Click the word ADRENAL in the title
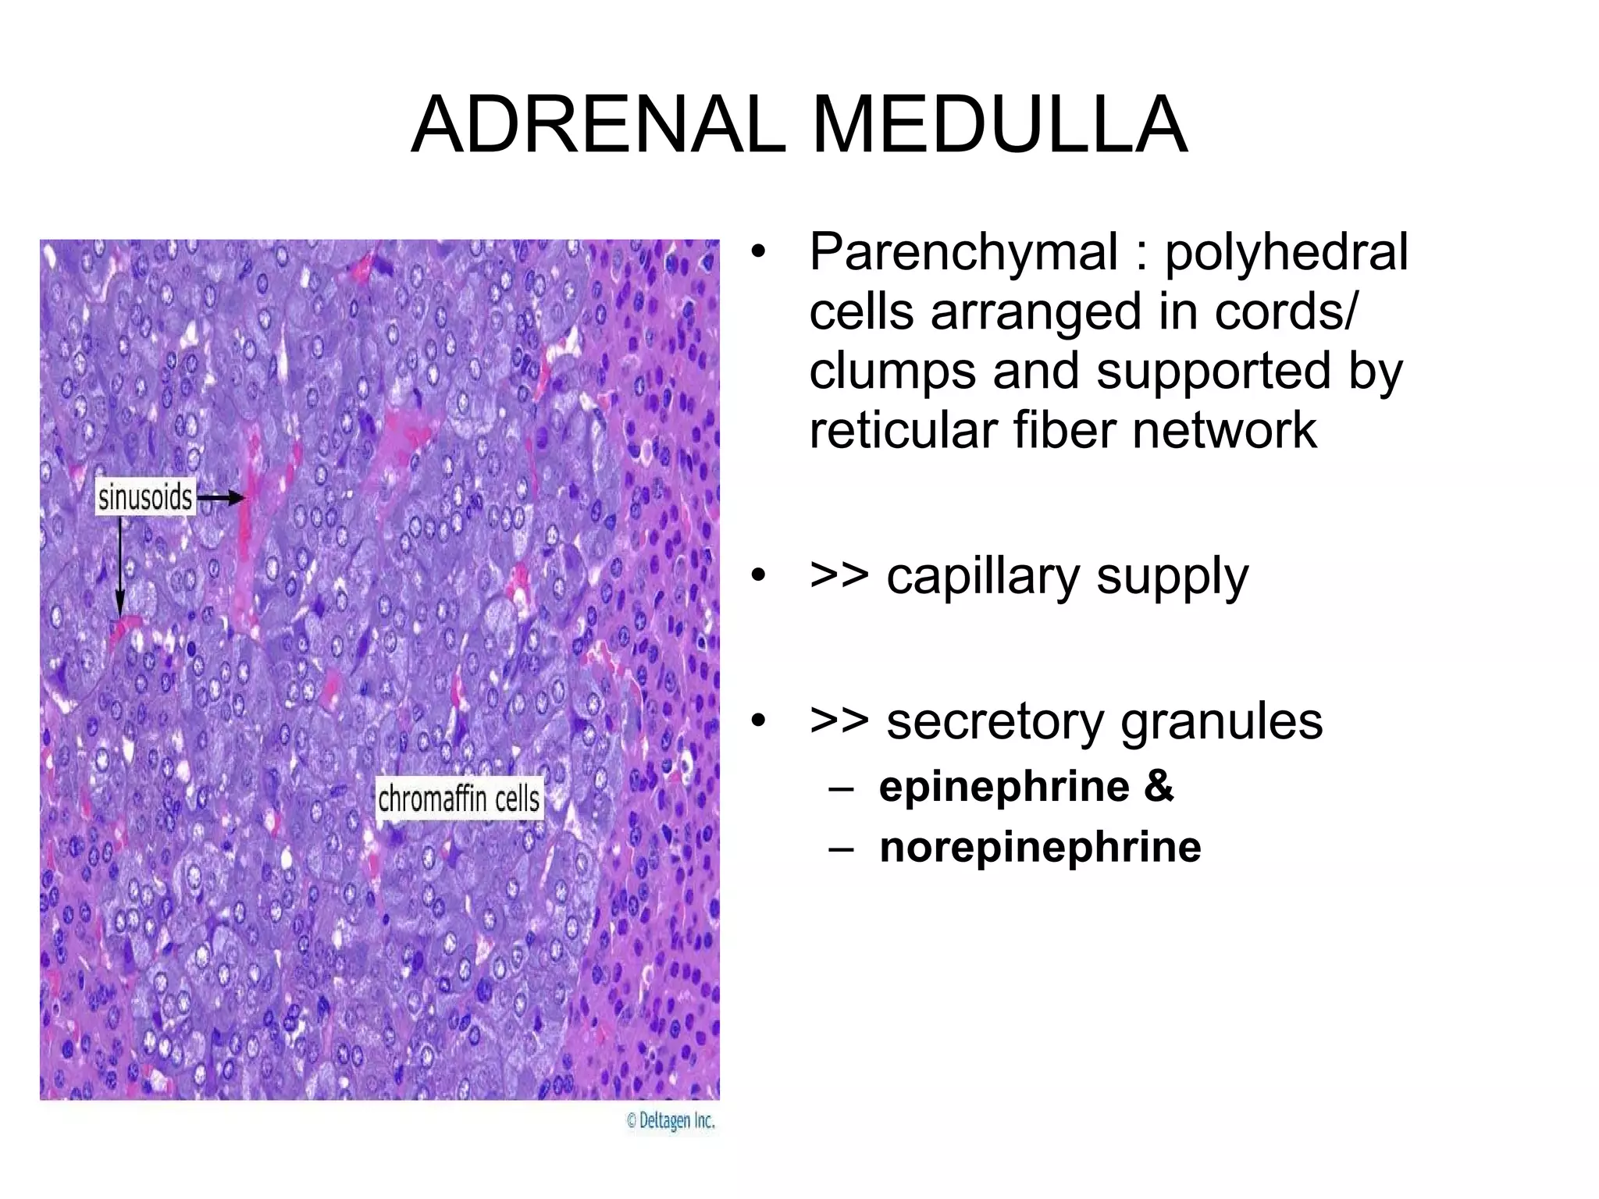[x=598, y=125]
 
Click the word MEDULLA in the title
[x=999, y=125]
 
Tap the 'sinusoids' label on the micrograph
[x=145, y=497]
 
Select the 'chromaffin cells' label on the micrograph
[x=459, y=799]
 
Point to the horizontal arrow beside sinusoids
[x=221, y=498]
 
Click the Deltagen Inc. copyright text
[x=671, y=1121]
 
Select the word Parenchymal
[x=963, y=252]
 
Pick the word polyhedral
[x=1287, y=252]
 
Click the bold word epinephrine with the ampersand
[x=1004, y=786]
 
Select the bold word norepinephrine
[x=1040, y=847]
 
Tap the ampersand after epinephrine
[x=1159, y=786]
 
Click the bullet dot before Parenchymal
[x=757, y=253]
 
